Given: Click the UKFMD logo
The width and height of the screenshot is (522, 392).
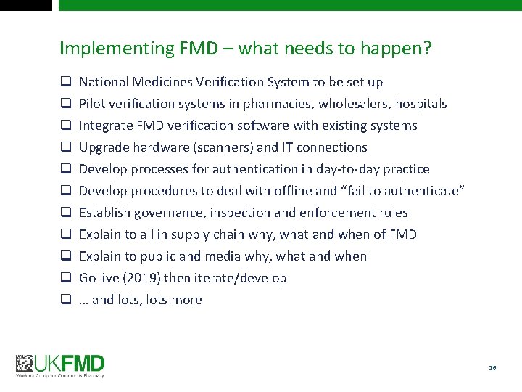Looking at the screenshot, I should coord(61,365).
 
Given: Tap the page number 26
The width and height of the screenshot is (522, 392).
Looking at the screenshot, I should coord(492,369).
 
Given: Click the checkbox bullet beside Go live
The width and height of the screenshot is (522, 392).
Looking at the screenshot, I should coord(65,278).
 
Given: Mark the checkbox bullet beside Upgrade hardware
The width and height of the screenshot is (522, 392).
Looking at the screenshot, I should coord(65,147).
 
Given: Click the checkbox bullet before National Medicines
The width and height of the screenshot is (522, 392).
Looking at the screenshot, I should coord(65,82).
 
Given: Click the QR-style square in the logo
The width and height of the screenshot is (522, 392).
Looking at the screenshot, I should coord(25,364).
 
